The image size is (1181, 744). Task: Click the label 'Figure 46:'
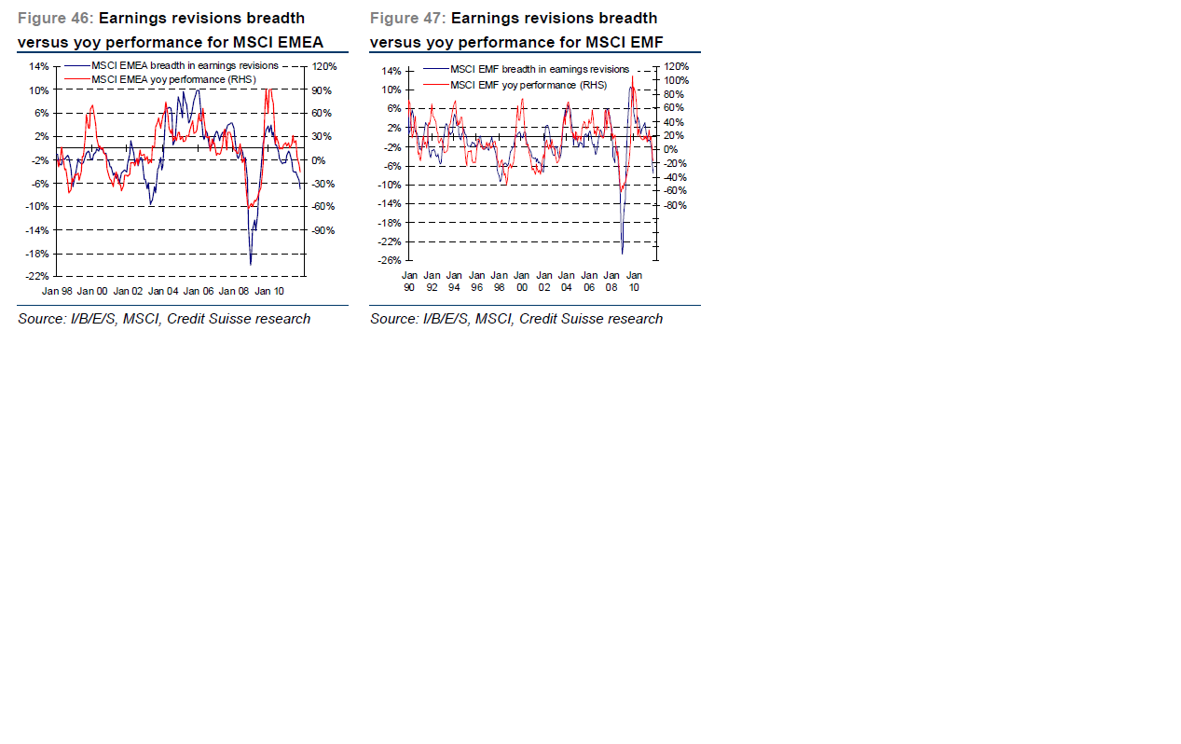[x=55, y=19]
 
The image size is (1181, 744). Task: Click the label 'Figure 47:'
[x=407, y=19]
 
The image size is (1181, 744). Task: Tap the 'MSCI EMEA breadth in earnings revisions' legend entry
[x=185, y=66]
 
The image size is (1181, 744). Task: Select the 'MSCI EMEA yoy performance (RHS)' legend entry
[x=173, y=79]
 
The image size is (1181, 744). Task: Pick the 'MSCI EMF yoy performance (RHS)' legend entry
[x=528, y=85]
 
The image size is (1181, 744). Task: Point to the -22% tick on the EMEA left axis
[x=37, y=276]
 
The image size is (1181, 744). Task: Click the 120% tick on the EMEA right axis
[x=324, y=67]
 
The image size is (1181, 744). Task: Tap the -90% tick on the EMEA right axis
[x=323, y=230]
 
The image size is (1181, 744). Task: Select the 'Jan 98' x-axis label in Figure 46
[x=58, y=291]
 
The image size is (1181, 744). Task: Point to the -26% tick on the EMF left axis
[x=389, y=260]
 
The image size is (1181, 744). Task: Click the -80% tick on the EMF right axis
[x=675, y=205]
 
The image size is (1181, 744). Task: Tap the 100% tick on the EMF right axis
[x=676, y=80]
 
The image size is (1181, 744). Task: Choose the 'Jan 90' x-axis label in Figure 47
[x=409, y=282]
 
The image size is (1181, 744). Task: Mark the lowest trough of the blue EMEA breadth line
[x=250, y=264]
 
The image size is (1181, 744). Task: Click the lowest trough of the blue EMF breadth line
[x=622, y=253]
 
